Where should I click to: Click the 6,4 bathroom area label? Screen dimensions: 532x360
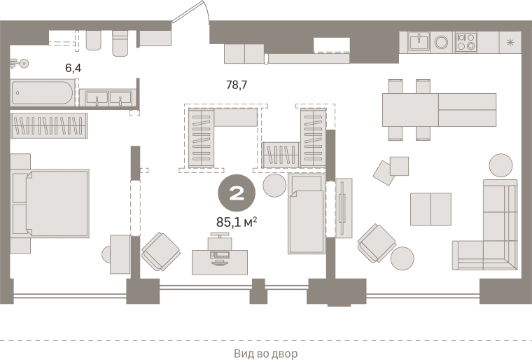point(73,68)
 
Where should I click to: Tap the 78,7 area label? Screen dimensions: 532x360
point(237,85)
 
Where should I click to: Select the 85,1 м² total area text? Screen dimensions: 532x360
point(237,222)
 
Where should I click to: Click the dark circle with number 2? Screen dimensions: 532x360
point(237,193)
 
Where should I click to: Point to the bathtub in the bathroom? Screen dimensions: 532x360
point(42,92)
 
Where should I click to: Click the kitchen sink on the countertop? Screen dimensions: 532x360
point(419,43)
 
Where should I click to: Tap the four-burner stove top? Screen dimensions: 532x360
point(465,43)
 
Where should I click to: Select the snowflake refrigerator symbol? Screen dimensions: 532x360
point(510,43)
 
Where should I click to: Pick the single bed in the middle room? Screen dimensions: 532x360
point(307,214)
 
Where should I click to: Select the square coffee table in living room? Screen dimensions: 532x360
point(430,209)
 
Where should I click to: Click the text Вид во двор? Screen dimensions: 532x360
point(266,354)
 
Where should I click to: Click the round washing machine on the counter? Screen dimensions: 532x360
point(442,43)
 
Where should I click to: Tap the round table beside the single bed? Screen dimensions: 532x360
point(274,186)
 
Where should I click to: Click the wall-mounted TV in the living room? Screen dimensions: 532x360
point(343,208)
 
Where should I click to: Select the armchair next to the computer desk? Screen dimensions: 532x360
point(160,251)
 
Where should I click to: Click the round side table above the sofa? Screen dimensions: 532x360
point(500,165)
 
